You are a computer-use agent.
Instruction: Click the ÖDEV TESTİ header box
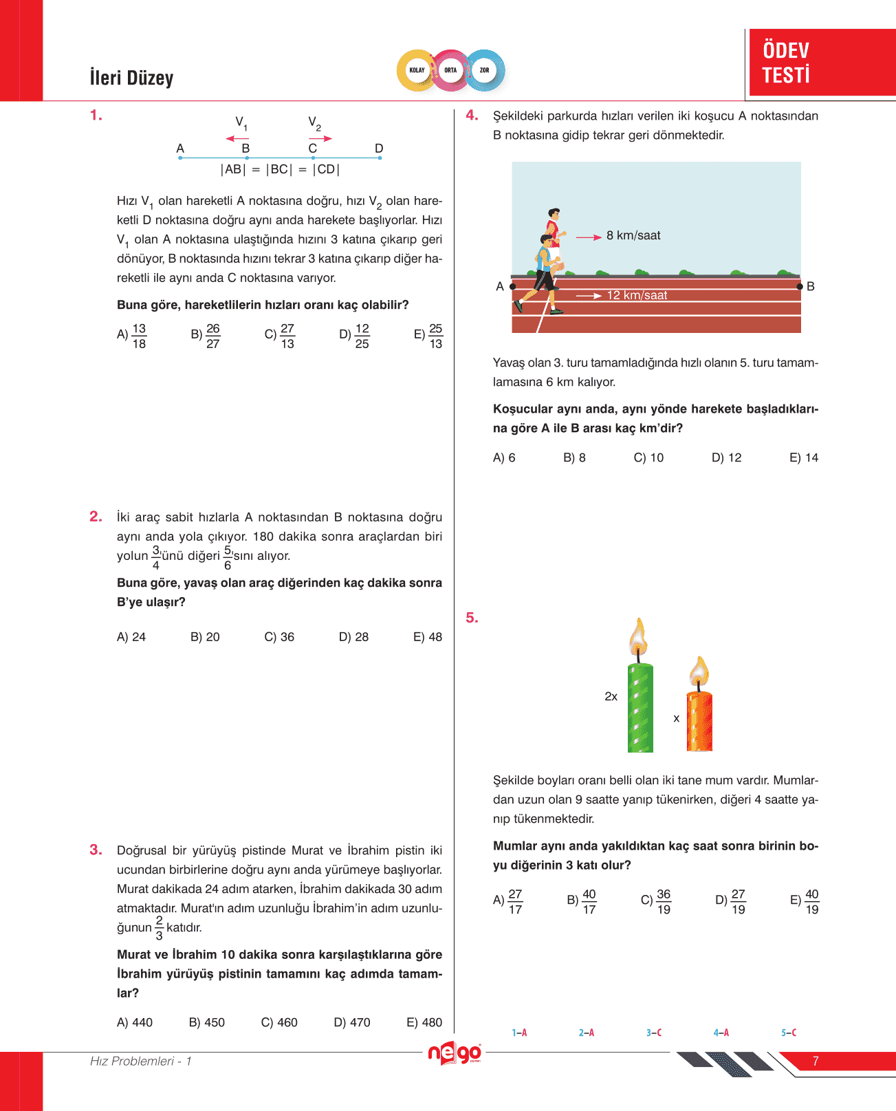point(821,63)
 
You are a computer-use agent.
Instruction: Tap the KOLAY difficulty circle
point(417,70)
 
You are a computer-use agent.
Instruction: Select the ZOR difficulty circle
point(485,70)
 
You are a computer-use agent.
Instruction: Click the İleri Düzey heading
point(131,78)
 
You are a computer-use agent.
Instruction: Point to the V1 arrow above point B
point(237,138)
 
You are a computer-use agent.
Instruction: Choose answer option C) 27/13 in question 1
point(280,336)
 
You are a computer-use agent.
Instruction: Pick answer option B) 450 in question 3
point(206,1022)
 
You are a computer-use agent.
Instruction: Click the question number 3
point(96,850)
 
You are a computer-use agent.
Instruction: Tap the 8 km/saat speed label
point(633,235)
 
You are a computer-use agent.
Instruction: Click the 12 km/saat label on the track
point(636,295)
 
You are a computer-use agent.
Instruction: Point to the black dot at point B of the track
point(799,286)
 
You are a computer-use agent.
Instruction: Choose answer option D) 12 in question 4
point(726,457)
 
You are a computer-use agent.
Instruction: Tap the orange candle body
point(699,721)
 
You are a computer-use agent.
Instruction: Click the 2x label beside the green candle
point(611,696)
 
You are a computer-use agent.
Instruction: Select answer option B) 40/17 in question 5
point(582,901)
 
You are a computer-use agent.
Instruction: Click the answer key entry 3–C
point(653,1033)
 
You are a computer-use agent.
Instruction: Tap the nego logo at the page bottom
point(454,1053)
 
